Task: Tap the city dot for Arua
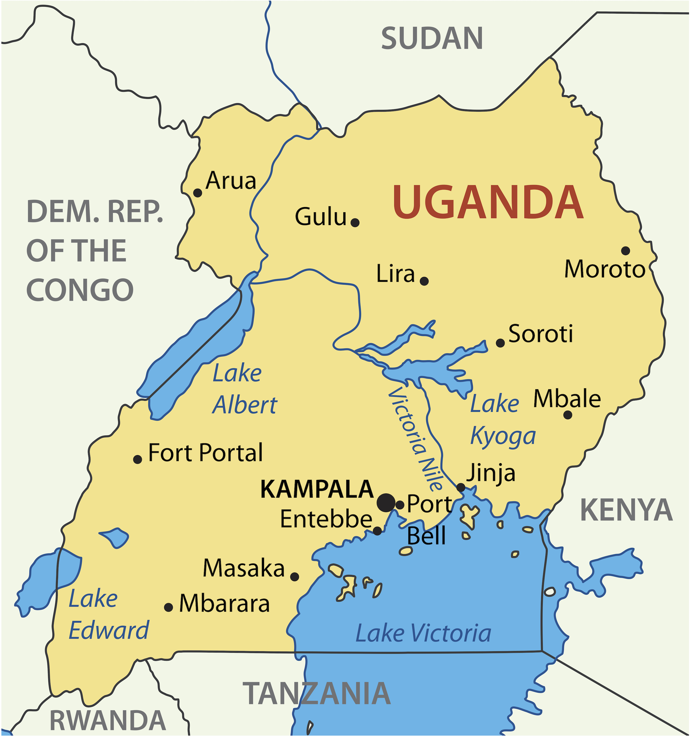click(198, 193)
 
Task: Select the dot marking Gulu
click(355, 222)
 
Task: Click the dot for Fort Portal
click(137, 459)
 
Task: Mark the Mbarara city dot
click(169, 607)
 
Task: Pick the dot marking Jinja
click(461, 487)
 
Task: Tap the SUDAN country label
click(432, 38)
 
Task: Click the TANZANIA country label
click(317, 693)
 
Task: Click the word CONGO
click(80, 290)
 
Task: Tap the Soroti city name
click(541, 334)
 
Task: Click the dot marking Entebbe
click(377, 531)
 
